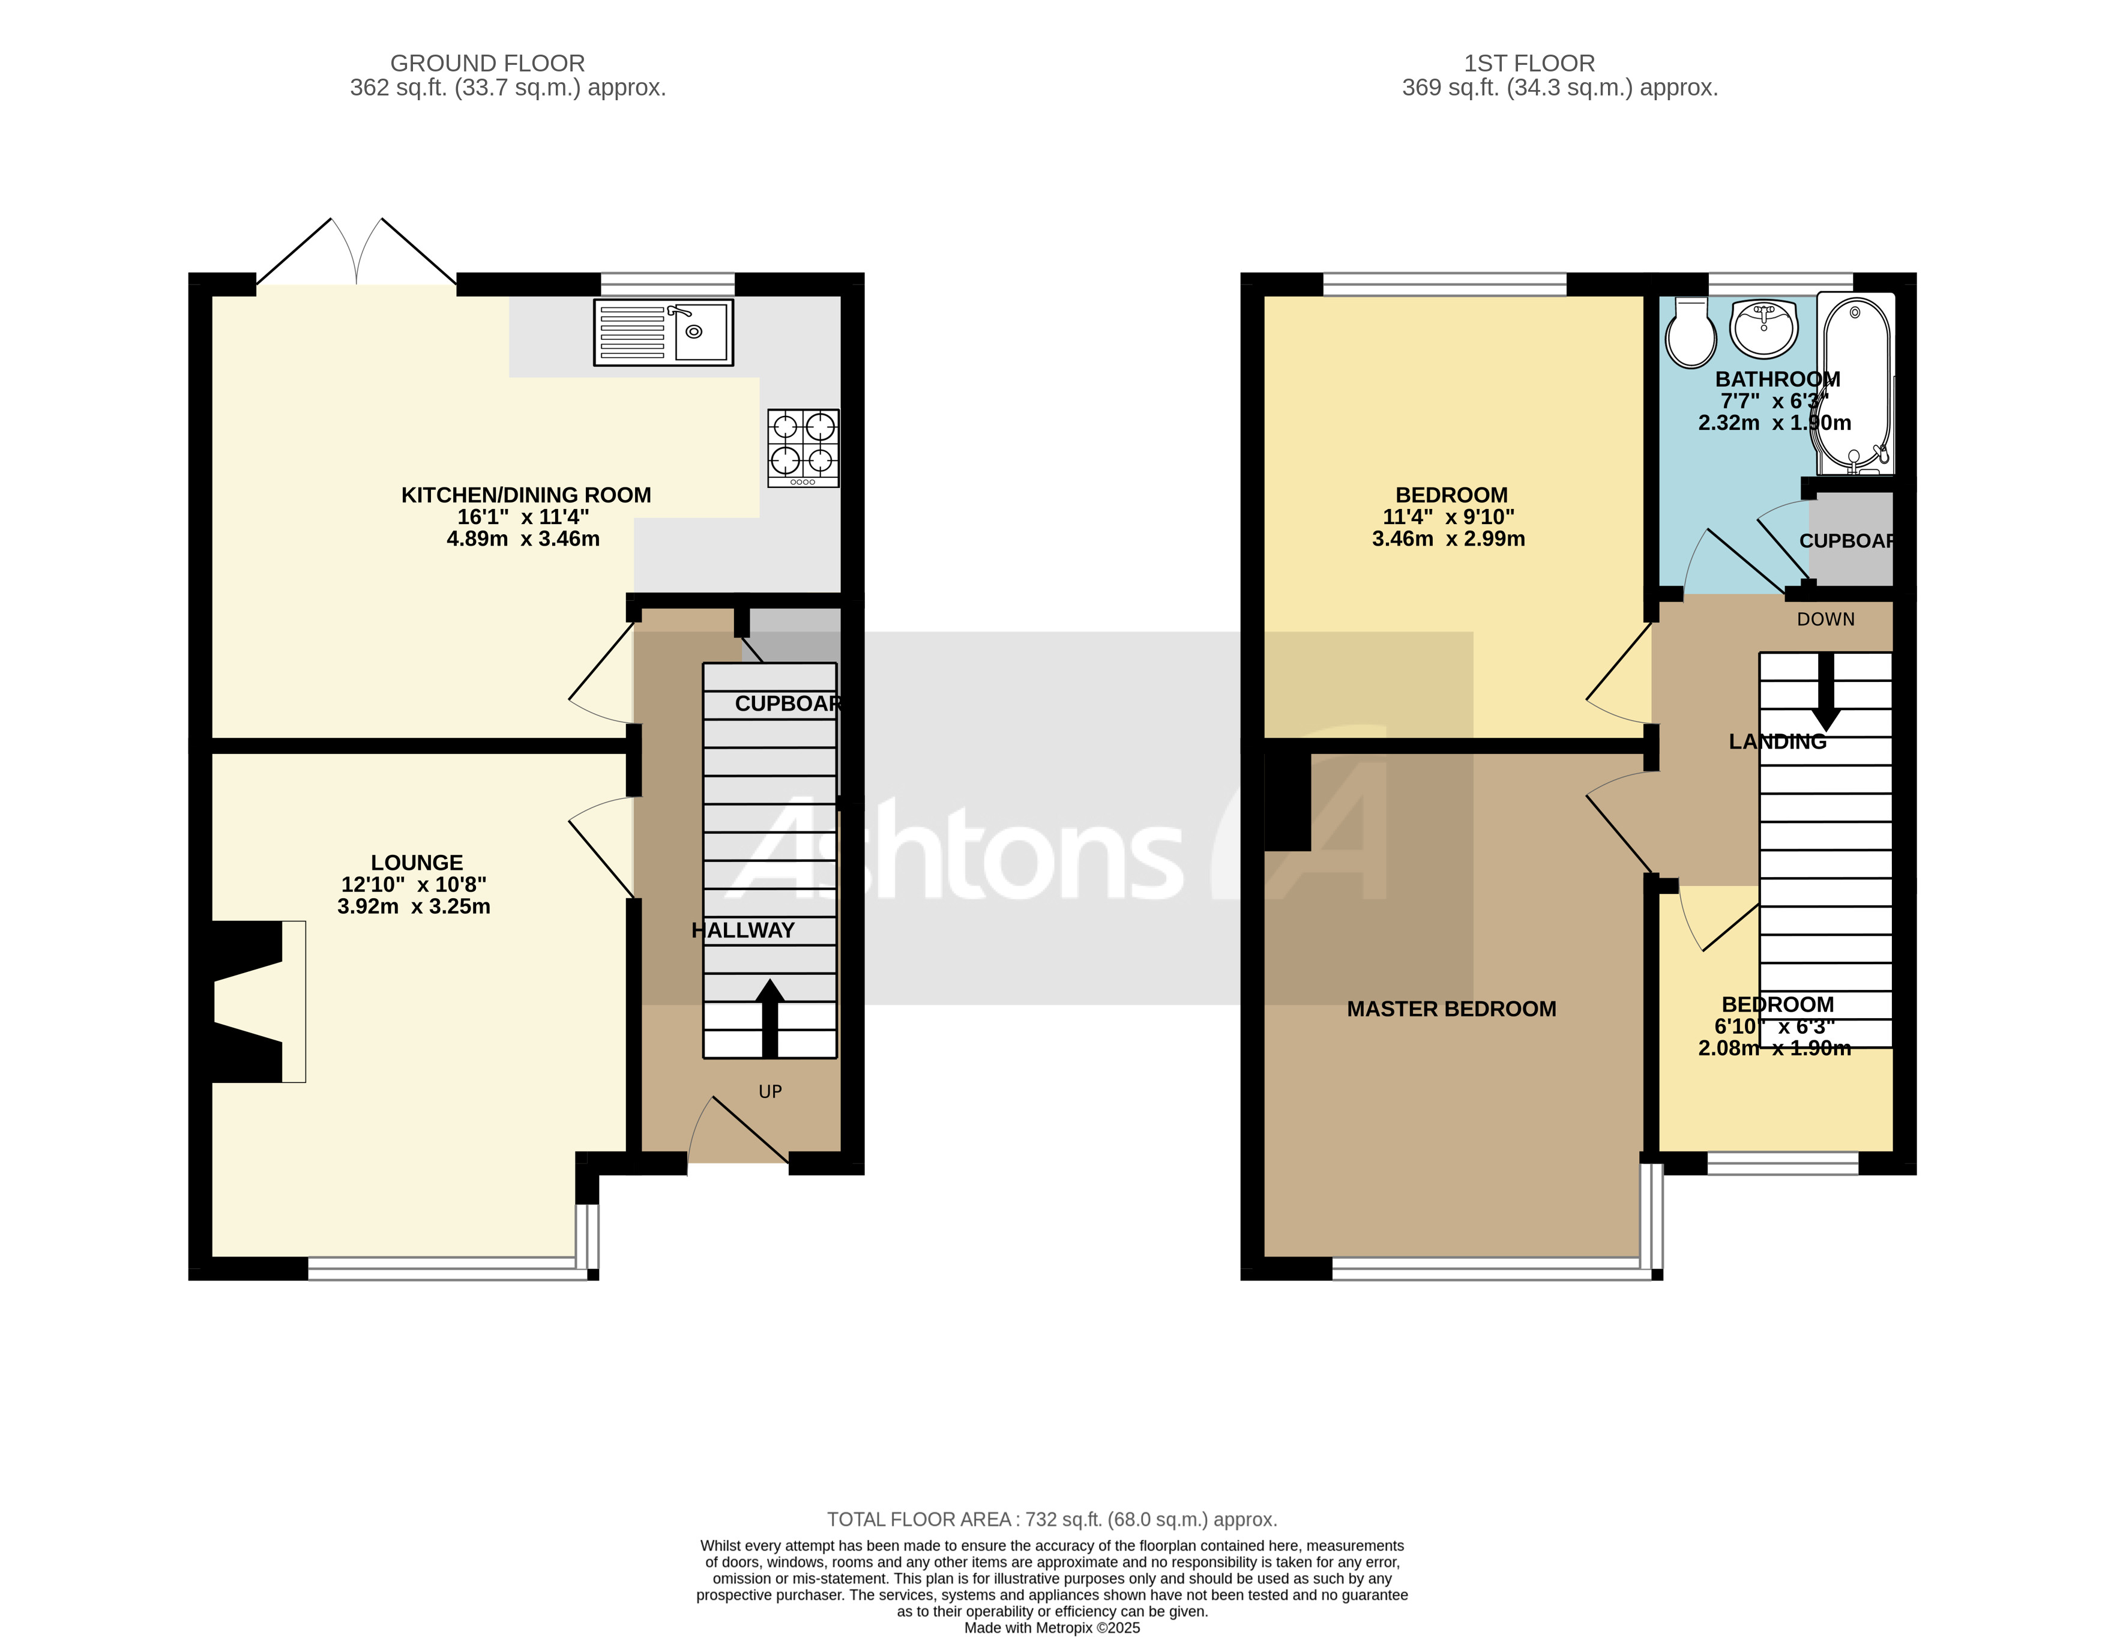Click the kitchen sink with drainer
point(663,331)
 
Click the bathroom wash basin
point(1764,328)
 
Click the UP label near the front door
point(770,1091)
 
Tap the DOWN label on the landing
point(1825,619)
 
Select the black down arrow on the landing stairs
point(1825,692)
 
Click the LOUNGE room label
point(417,863)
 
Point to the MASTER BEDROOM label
point(1451,1008)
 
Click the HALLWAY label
point(743,930)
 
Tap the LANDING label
point(1777,741)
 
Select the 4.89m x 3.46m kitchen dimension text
point(522,539)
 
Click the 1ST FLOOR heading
point(1529,64)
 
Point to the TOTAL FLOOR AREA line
point(1052,1519)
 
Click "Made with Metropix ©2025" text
point(1052,1627)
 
